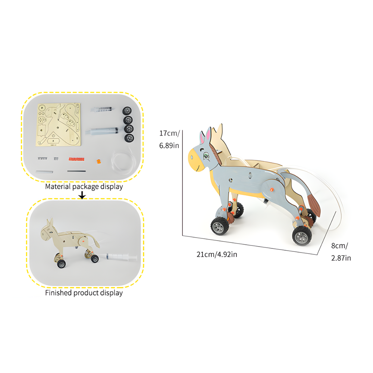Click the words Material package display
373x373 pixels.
(84, 186)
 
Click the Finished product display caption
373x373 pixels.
(84, 293)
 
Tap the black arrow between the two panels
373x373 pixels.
(82, 195)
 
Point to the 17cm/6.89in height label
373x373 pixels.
(169, 139)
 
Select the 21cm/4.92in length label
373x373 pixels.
(217, 255)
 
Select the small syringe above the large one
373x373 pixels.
(101, 110)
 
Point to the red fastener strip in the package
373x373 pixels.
(77, 159)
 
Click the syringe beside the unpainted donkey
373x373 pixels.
(119, 257)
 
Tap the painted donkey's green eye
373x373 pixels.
(206, 154)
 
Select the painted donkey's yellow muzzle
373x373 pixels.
(196, 161)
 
